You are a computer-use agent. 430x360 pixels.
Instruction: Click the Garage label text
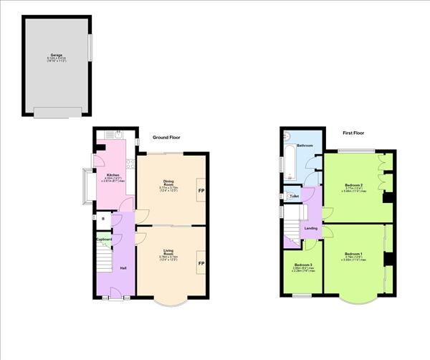click(56, 55)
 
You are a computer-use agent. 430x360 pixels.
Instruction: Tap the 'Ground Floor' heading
click(166, 137)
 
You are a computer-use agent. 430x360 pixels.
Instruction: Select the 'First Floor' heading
click(356, 133)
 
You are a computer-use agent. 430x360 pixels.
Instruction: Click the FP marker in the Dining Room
click(201, 191)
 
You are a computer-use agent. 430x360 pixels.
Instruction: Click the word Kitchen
click(113, 175)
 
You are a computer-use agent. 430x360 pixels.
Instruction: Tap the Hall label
click(123, 267)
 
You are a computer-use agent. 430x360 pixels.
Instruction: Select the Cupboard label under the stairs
click(104, 240)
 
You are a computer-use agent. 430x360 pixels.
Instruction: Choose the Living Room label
click(168, 252)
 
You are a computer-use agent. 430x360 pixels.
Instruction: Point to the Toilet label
click(294, 196)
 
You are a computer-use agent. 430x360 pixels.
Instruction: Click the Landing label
click(311, 228)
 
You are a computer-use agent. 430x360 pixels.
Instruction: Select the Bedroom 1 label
click(353, 254)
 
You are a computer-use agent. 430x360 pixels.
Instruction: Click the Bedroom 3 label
click(302, 265)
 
